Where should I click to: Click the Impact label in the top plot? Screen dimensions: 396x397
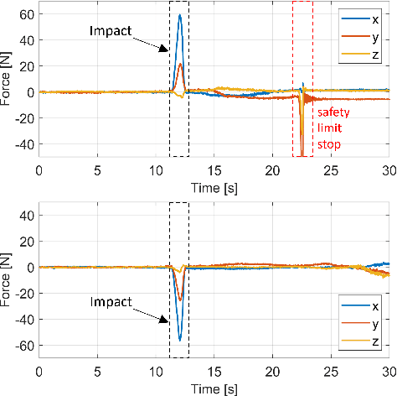click(111, 31)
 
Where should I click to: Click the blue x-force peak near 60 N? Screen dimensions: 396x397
click(180, 15)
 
